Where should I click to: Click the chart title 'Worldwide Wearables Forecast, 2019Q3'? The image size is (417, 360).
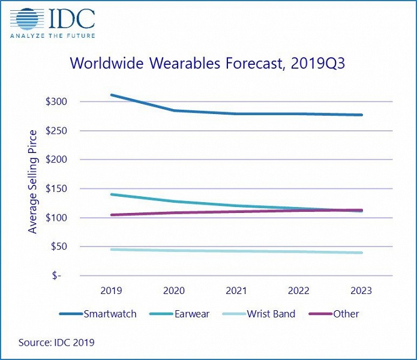tap(208, 64)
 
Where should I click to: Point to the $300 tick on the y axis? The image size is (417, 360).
tap(56, 101)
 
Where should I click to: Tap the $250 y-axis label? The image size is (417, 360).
tap(56, 130)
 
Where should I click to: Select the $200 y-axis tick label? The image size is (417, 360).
tap(56, 160)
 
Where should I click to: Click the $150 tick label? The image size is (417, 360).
tap(56, 188)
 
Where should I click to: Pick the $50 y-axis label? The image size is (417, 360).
tap(59, 247)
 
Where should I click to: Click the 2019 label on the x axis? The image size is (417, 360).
tap(112, 290)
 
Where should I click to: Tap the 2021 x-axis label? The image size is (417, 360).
tap(236, 290)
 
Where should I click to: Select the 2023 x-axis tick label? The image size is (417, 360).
tap(361, 290)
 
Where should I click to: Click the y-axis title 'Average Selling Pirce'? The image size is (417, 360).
tap(33, 181)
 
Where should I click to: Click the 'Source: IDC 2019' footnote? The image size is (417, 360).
tap(56, 343)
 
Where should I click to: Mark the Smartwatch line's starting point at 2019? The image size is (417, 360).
tap(112, 95)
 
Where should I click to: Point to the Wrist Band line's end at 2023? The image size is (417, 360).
tap(361, 253)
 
